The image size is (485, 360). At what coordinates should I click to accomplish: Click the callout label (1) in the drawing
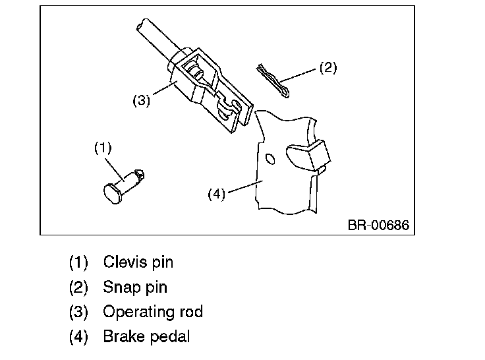click(103, 148)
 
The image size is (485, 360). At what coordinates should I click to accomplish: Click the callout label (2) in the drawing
click(328, 68)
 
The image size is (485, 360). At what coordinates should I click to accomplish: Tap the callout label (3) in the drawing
click(142, 101)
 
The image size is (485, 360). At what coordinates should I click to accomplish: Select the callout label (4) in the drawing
click(217, 194)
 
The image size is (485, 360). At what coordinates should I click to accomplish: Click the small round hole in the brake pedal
click(268, 160)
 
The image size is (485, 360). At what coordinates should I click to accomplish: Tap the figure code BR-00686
click(378, 225)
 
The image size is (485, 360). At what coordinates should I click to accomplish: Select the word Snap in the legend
click(120, 287)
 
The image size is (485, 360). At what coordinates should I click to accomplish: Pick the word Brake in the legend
click(122, 336)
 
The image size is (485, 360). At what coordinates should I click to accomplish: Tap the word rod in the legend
click(190, 311)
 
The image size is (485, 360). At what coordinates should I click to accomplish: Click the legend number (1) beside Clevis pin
click(78, 262)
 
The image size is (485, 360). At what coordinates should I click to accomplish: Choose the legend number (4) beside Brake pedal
click(78, 336)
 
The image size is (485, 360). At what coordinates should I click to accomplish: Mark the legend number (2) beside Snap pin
click(78, 287)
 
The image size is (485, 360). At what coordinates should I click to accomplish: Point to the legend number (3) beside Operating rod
click(78, 312)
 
